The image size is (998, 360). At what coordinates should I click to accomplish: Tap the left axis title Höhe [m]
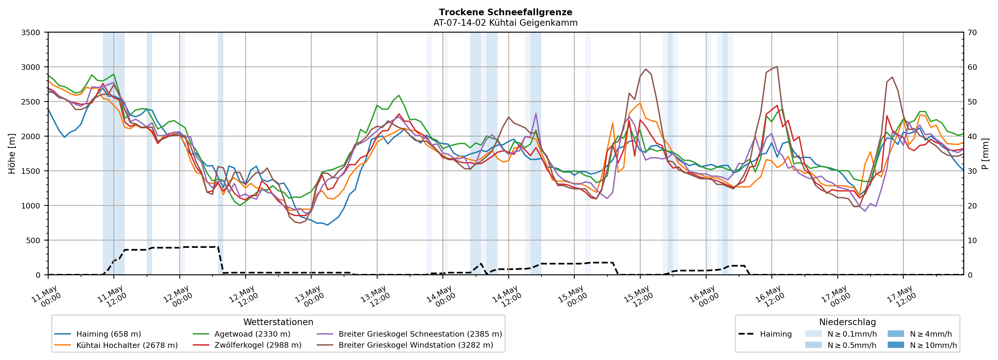[x=12, y=153]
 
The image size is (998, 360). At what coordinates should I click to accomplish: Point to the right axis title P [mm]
[x=985, y=153]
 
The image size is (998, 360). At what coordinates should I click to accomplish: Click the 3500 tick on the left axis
[x=31, y=33]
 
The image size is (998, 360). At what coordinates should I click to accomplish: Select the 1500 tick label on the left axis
[x=31, y=171]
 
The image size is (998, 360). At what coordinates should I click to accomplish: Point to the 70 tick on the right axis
[x=972, y=33]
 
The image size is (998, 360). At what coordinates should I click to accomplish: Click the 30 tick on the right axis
[x=972, y=171]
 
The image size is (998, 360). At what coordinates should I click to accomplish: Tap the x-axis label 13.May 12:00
[x=375, y=297]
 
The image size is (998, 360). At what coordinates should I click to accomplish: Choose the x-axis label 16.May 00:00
[x=704, y=297]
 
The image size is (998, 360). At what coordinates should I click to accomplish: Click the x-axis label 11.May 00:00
[x=46, y=297]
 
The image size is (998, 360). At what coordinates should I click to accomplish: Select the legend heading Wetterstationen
[x=278, y=322]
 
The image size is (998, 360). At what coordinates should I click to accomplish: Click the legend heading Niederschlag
[x=847, y=322]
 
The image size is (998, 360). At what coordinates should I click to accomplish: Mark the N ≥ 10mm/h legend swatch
[x=895, y=345]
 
